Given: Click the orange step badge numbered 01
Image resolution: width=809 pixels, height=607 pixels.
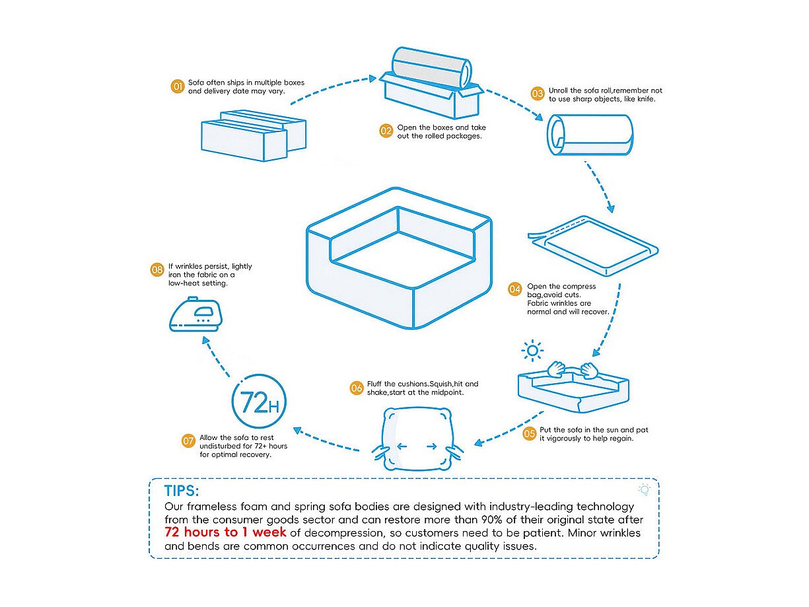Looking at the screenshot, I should click(x=177, y=87).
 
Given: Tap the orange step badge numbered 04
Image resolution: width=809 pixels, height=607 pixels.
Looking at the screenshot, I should click(x=515, y=289).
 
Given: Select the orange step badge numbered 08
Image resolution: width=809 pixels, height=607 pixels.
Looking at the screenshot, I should click(x=157, y=269).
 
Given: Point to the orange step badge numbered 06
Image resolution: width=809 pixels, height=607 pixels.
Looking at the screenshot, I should click(x=357, y=388).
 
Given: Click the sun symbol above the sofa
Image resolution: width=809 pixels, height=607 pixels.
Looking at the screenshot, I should click(x=532, y=349).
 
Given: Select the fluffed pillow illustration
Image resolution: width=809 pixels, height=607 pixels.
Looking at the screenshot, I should click(x=416, y=439).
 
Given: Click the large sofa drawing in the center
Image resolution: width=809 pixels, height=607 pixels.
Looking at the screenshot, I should click(x=400, y=260).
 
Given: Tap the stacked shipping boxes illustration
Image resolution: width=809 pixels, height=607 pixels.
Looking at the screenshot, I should click(x=254, y=136).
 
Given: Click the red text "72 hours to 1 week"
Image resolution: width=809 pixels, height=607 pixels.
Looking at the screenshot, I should click(x=225, y=532).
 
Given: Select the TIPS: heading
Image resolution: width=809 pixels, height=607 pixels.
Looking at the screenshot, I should click(x=182, y=491).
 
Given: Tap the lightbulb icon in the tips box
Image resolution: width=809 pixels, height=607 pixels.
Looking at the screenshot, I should click(x=645, y=489).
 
